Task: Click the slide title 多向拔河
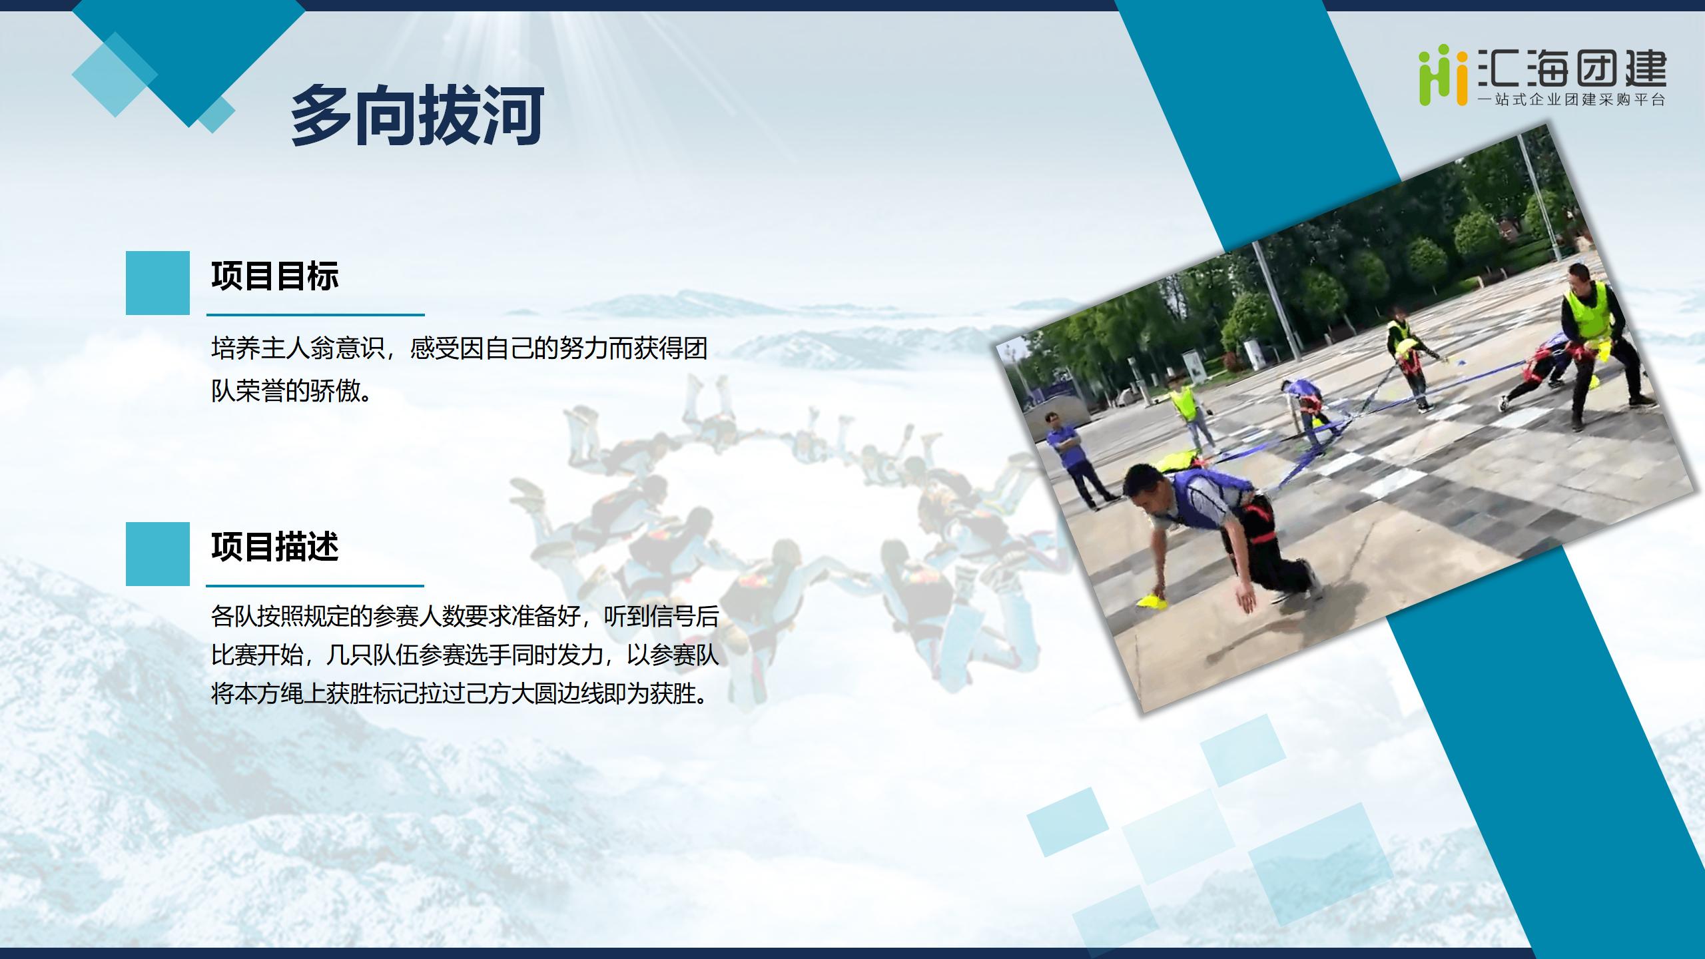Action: pyautogui.click(x=418, y=115)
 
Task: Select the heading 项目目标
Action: pyautogui.click(x=275, y=276)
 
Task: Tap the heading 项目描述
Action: pyautogui.click(x=275, y=547)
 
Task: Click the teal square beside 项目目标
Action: pyautogui.click(x=158, y=282)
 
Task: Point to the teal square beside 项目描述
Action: pyautogui.click(x=158, y=553)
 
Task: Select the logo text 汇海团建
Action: pyautogui.click(x=1572, y=69)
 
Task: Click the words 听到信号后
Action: pyautogui.click(x=661, y=616)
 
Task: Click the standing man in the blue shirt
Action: pyautogui.click(x=1074, y=457)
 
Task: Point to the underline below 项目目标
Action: pyautogui.click(x=315, y=315)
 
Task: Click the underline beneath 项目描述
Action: pyautogui.click(x=315, y=586)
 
